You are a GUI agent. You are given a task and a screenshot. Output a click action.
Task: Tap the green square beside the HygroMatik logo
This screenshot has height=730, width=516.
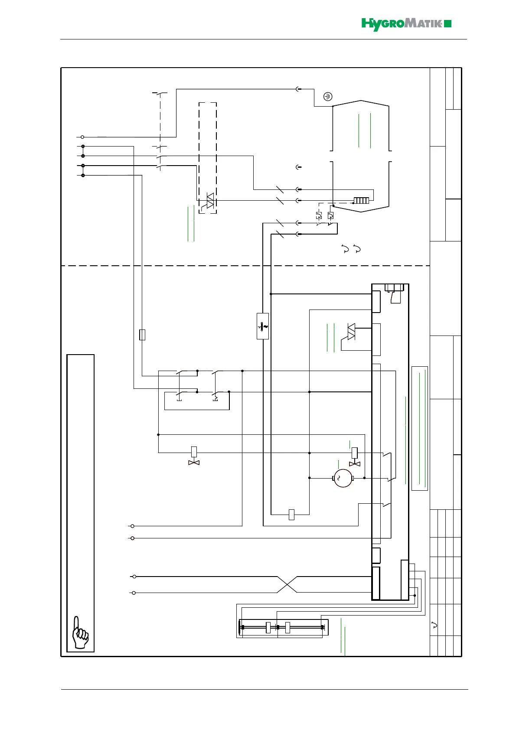(x=448, y=24)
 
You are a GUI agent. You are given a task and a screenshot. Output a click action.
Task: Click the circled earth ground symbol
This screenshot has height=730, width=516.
(x=328, y=97)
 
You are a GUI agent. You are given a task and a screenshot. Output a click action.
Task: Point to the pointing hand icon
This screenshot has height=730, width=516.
(x=80, y=633)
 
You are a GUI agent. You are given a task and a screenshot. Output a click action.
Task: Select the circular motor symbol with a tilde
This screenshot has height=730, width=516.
(x=343, y=478)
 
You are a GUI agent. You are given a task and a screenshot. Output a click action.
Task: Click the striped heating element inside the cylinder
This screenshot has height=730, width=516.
(x=361, y=201)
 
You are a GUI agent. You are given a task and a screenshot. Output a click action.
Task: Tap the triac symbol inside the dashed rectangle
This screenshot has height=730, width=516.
(x=210, y=201)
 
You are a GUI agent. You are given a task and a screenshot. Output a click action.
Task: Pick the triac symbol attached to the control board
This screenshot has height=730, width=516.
(x=351, y=332)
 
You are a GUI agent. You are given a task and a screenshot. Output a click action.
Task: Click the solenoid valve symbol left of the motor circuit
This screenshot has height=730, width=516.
(x=194, y=457)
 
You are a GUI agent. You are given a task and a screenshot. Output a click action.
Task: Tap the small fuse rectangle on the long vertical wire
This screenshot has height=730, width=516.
(x=142, y=335)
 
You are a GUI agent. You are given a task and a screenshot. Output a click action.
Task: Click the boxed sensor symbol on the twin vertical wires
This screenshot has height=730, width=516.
(x=263, y=326)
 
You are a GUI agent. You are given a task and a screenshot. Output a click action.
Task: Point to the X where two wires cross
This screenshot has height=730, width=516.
(x=287, y=584)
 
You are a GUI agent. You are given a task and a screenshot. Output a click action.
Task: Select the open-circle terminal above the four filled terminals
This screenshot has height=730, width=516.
(x=82, y=137)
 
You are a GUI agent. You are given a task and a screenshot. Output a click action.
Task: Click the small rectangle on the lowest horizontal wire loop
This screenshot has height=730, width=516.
(x=291, y=515)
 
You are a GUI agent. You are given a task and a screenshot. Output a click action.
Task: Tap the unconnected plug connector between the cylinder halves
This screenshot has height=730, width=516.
(x=298, y=167)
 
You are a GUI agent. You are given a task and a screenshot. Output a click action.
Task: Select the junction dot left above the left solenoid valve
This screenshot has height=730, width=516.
(x=158, y=434)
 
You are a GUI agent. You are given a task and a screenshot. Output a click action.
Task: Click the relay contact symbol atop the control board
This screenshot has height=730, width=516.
(x=395, y=295)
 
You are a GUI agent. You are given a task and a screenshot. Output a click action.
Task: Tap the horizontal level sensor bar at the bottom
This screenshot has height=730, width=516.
(x=282, y=627)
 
